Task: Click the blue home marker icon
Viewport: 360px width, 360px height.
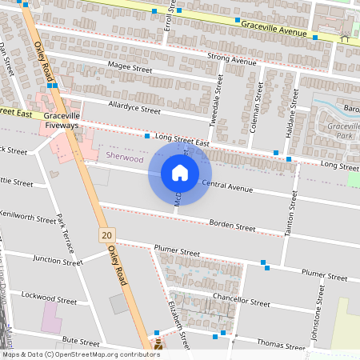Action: (179, 172)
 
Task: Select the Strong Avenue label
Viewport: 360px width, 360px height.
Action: (231, 58)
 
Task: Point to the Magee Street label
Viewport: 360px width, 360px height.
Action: (130, 70)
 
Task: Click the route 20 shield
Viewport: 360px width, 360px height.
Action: (106, 235)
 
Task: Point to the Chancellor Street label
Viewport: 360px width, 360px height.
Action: (242, 302)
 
